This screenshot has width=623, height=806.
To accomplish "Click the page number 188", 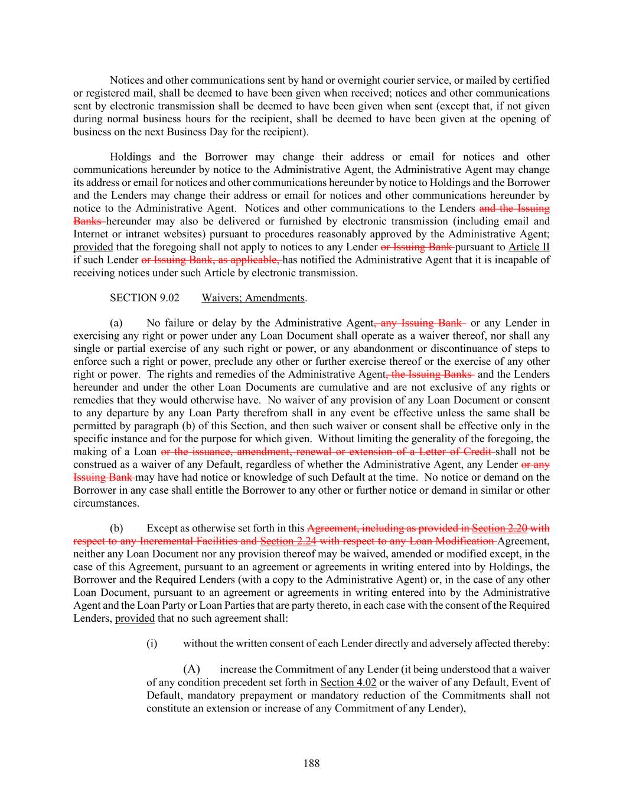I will (311, 763).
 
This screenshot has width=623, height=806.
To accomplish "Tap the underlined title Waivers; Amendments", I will (253, 298).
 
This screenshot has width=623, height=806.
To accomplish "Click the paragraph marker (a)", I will (116, 323).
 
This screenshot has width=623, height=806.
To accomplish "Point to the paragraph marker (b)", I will (116, 528).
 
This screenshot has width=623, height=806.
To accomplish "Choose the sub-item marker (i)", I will (152, 644).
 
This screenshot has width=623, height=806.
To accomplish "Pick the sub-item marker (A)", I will (191, 670).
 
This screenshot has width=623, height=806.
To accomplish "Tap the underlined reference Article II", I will (529, 247).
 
